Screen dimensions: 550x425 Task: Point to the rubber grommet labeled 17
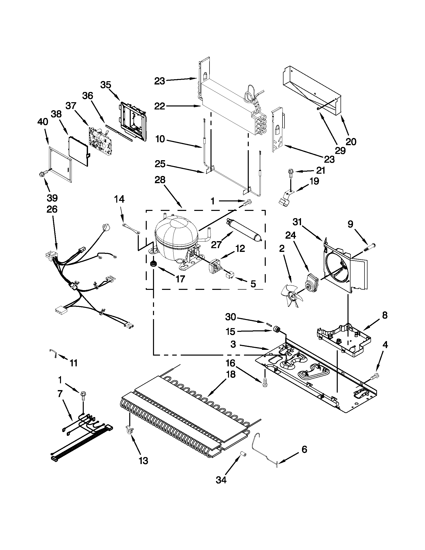153,264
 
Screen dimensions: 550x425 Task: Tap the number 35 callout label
105,85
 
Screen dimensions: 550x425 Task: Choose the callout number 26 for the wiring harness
52,209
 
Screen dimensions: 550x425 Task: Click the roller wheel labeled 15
277,329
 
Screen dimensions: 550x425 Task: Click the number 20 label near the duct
351,142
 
